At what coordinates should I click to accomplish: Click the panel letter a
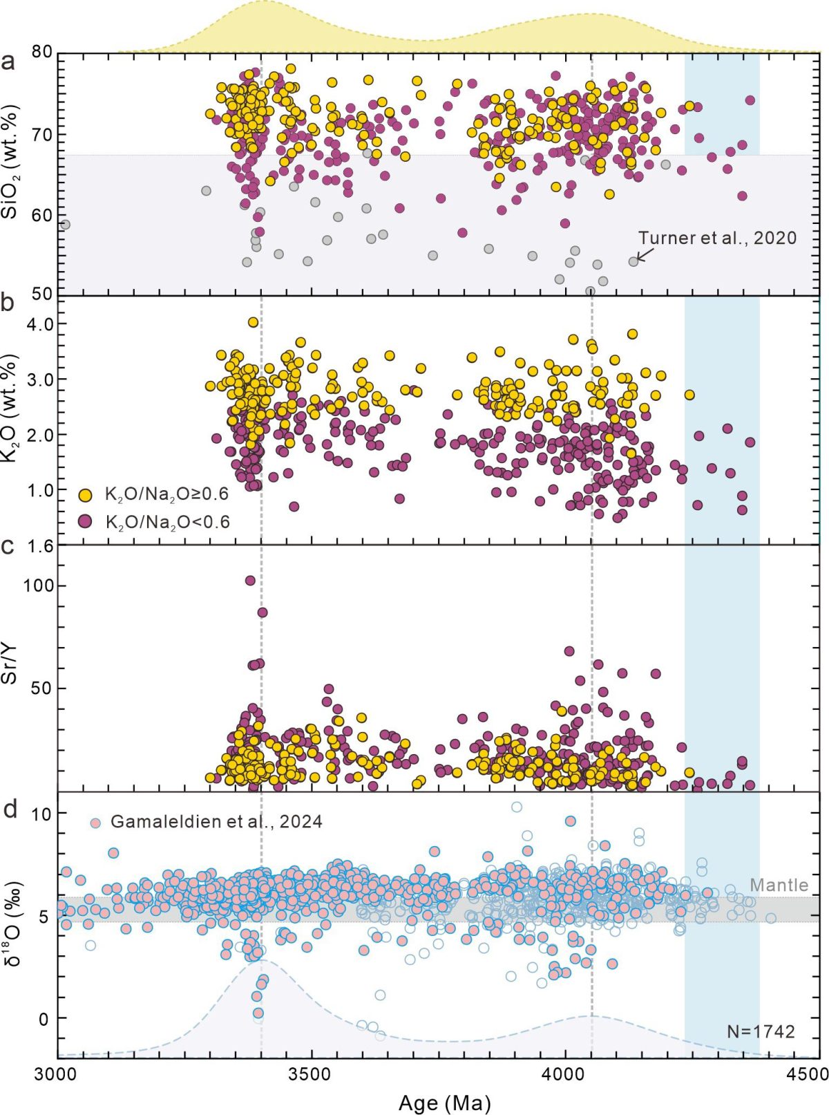(9, 62)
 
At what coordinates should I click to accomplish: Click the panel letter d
(10, 809)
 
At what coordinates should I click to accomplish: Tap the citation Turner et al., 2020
(717, 238)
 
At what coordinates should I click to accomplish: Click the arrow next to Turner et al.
(643, 256)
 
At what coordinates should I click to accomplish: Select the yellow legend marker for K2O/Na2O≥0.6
(85, 495)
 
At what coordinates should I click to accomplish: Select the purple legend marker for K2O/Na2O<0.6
(85, 521)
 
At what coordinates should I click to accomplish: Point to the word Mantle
(779, 886)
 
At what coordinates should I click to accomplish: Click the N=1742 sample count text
(761, 1032)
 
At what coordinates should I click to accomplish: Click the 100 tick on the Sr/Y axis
(37, 585)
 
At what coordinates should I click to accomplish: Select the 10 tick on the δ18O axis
(41, 814)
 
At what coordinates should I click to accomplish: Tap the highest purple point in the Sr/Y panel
(250, 581)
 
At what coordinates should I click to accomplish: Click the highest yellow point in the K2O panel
(254, 322)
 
